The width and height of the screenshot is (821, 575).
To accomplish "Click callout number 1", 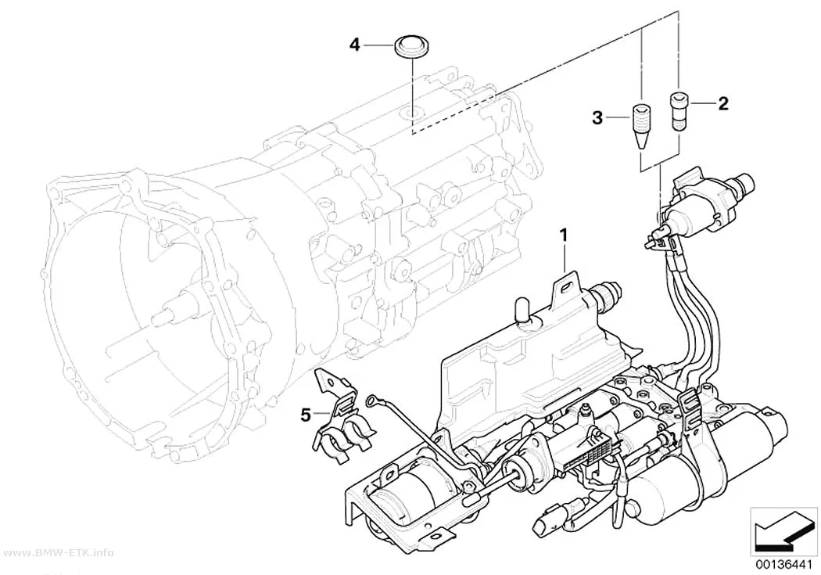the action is point(564,236).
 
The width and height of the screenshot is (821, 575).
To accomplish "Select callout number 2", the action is point(723,104).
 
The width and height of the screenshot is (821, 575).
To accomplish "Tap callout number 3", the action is point(597,118).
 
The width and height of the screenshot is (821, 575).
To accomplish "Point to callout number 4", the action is point(355,45).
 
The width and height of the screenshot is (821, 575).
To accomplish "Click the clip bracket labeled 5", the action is point(342,419).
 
